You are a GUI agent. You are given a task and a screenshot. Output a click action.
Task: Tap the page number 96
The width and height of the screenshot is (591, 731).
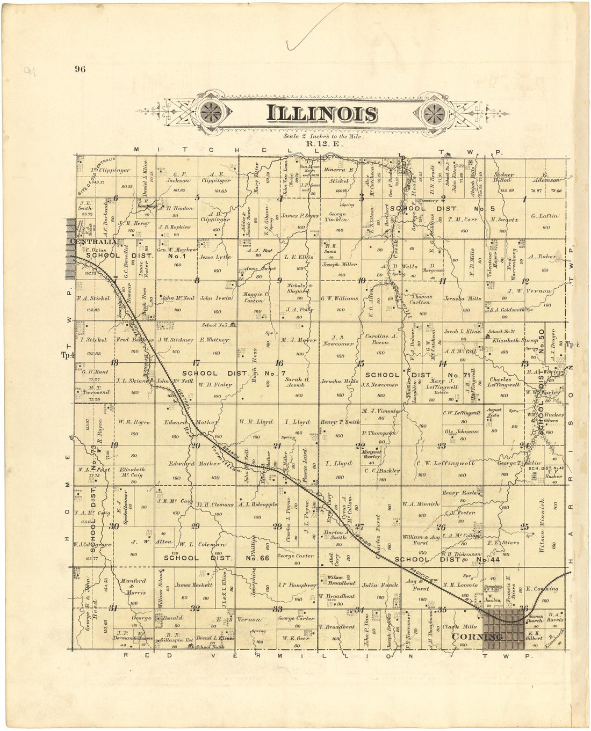point(81,68)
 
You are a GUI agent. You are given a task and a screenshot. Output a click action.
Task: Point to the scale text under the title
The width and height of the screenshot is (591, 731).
point(325,136)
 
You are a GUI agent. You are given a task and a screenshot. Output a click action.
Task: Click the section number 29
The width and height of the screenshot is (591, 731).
point(196,526)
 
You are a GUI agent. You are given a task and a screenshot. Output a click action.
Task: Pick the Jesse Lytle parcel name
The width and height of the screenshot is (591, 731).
point(215,257)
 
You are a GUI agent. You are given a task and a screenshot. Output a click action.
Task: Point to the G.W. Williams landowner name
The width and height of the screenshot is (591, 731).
point(339,298)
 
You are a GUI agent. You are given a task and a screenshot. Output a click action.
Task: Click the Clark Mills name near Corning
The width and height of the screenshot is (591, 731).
point(459,626)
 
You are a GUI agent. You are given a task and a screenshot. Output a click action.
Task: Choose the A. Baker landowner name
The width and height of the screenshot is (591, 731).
point(542,257)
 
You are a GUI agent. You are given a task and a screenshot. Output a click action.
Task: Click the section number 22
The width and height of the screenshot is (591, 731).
point(360,445)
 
